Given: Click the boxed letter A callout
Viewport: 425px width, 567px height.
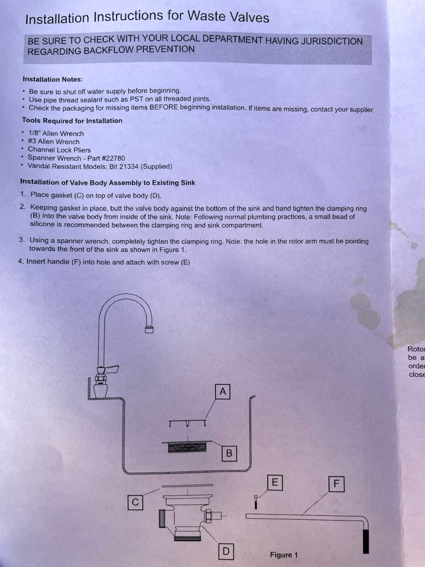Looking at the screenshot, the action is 222,392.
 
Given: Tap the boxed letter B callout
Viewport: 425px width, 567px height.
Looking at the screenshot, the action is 229,453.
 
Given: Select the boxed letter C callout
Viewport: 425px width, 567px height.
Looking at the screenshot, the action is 135,502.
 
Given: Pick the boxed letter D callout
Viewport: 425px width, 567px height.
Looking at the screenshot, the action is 226,551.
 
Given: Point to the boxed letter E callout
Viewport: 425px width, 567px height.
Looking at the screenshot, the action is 275,482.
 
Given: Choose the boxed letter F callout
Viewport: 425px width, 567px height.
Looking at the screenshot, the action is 336,483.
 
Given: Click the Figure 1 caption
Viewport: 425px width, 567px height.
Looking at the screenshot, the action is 284,555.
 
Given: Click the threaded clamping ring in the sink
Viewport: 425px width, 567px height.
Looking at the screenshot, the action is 187,447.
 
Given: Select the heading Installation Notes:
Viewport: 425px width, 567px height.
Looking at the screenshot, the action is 53,79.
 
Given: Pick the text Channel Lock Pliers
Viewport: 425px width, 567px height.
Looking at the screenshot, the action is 59,150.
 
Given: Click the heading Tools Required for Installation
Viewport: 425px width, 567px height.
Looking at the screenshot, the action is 72,120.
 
